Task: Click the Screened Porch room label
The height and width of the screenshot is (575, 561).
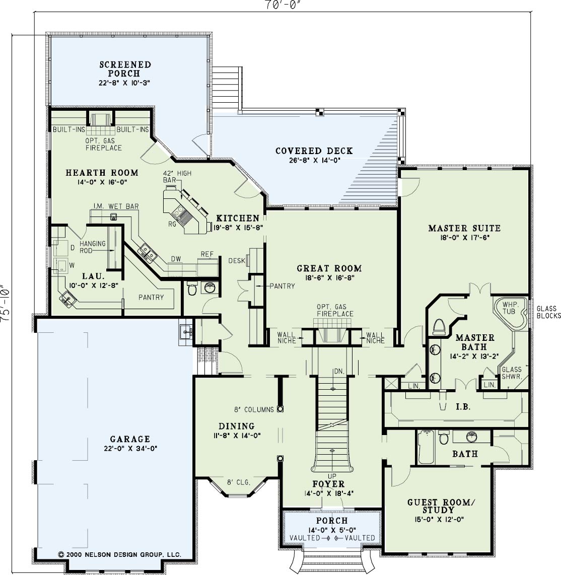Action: (x=125, y=69)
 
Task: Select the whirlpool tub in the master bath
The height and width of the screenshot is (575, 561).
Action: (x=511, y=313)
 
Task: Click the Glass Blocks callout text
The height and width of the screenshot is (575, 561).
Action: (x=548, y=312)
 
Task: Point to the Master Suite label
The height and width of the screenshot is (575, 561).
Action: (x=464, y=228)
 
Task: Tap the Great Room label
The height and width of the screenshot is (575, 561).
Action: (x=329, y=268)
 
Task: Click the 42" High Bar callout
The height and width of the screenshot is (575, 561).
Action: (x=177, y=176)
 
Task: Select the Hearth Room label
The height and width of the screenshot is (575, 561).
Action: (x=102, y=173)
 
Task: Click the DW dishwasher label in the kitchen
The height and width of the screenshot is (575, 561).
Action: (x=176, y=259)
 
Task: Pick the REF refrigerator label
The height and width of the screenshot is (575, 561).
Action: (x=207, y=254)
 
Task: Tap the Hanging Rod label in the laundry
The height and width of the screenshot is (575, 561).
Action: (x=92, y=247)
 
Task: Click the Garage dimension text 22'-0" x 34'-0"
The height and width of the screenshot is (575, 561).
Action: (x=130, y=448)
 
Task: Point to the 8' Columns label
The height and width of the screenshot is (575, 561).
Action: (x=254, y=409)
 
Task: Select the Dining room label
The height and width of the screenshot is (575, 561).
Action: (x=237, y=426)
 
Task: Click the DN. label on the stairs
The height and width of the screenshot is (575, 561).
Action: (x=339, y=372)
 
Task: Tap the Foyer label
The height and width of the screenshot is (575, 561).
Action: (x=328, y=484)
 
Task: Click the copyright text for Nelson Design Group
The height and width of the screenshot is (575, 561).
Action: (x=119, y=554)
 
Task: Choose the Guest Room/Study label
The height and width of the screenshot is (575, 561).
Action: (x=441, y=506)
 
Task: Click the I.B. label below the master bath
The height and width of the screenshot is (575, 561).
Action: (x=463, y=407)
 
